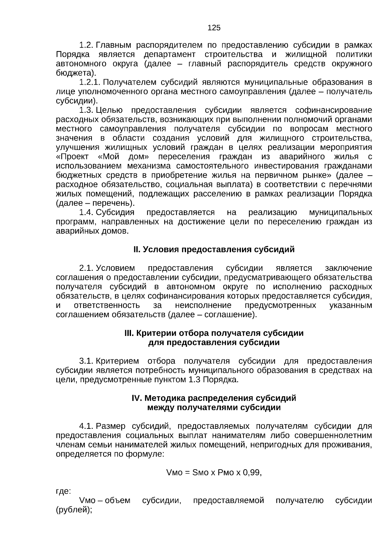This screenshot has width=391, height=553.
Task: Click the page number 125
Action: coord(214,28)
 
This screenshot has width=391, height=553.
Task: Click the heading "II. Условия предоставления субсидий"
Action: coord(214,250)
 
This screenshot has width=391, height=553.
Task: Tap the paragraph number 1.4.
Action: coord(86,212)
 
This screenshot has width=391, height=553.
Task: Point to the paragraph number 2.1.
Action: coord(86,268)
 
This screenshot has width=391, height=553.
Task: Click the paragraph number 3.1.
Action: coord(86,361)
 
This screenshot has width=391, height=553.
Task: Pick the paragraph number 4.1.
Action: coord(86,426)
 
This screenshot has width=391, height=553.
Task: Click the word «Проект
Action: coord(72,156)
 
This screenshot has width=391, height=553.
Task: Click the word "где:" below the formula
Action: coord(64,491)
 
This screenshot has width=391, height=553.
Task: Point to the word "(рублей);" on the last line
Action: coord(74,510)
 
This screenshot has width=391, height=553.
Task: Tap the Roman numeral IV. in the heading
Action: coord(137,398)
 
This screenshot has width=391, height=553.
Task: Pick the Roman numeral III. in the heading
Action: coord(129,333)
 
